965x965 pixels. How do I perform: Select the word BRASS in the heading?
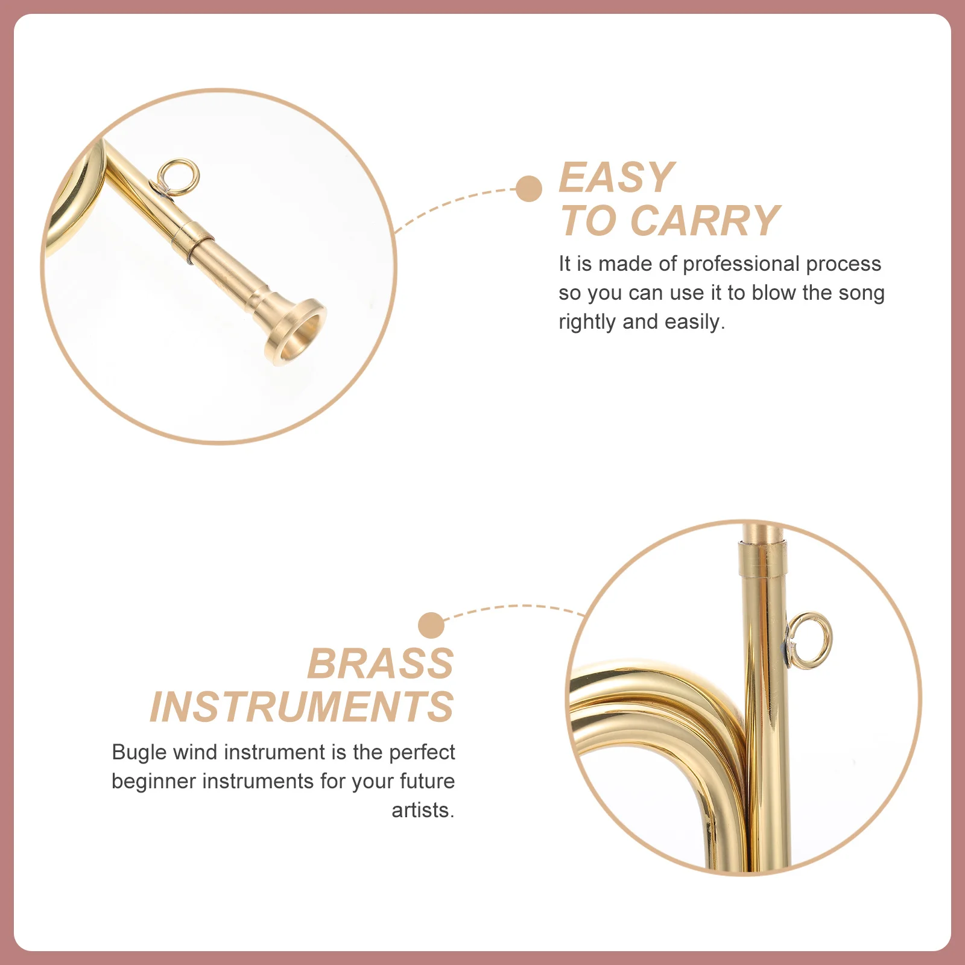click(x=380, y=664)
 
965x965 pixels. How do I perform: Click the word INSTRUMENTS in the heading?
click(x=302, y=707)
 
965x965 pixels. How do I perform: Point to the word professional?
click(x=741, y=264)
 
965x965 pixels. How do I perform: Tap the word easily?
click(x=694, y=322)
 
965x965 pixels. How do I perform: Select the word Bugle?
click(x=139, y=753)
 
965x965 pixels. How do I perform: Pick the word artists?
click(x=422, y=811)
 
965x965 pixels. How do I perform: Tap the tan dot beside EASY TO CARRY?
click(x=529, y=189)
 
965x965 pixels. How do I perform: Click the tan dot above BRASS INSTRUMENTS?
click(x=431, y=625)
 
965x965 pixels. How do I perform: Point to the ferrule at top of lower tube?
click(x=762, y=558)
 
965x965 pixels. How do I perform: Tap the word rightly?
click(x=587, y=322)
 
